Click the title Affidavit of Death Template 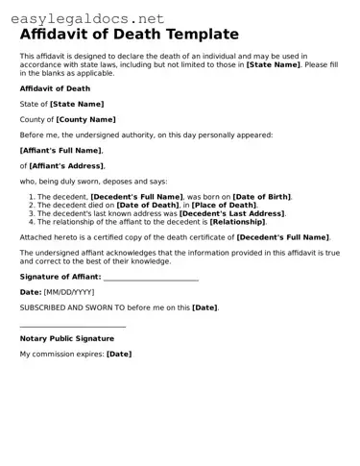point(130,35)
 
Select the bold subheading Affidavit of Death point(55,88)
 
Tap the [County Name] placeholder point(85,119)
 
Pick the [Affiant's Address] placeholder point(64,165)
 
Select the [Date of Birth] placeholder point(262,196)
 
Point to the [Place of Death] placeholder point(224,205)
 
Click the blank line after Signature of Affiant point(151,278)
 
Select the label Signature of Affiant point(60,277)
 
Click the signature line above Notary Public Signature point(73,327)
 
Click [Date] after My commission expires point(119,354)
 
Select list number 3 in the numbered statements point(31,212)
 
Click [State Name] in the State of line point(77,104)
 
